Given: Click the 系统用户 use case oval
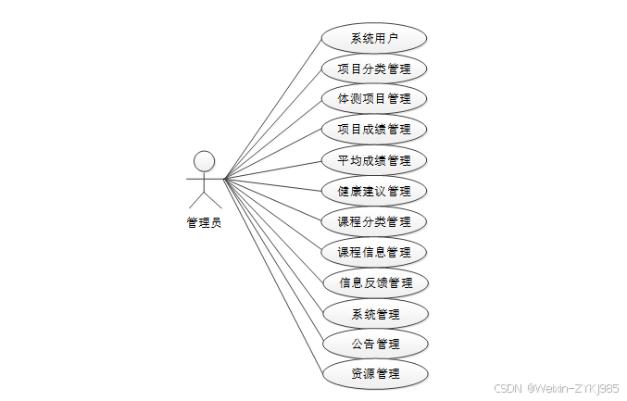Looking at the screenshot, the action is pos(374,38).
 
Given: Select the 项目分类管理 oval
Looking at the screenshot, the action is pos(374,69).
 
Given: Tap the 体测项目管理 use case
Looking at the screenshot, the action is pos(374,98).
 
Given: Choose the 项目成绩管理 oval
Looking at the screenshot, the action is pos(374,129).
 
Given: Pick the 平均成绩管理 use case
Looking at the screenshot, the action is pos(374,160).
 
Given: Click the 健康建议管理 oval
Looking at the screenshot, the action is pos(374,191).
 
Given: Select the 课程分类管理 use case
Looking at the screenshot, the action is pos(374,221).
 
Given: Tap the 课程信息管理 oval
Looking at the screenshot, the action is pos(374,252).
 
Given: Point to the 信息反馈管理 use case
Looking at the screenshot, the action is pos(374,282).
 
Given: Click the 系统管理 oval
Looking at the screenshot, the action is pos(374,313).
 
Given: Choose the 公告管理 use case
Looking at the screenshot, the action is pos(374,344).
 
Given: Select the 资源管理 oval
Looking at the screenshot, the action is pos(374,374).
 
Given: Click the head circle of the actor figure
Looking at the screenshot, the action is pos(204,160).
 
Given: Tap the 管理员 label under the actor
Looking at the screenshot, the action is pos(204,222).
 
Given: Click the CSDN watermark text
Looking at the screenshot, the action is pos(508,388).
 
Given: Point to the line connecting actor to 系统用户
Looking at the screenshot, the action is pos(273,107).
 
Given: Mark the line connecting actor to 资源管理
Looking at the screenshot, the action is pos(273,276).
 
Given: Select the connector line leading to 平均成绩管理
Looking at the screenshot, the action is pos(273,169).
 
